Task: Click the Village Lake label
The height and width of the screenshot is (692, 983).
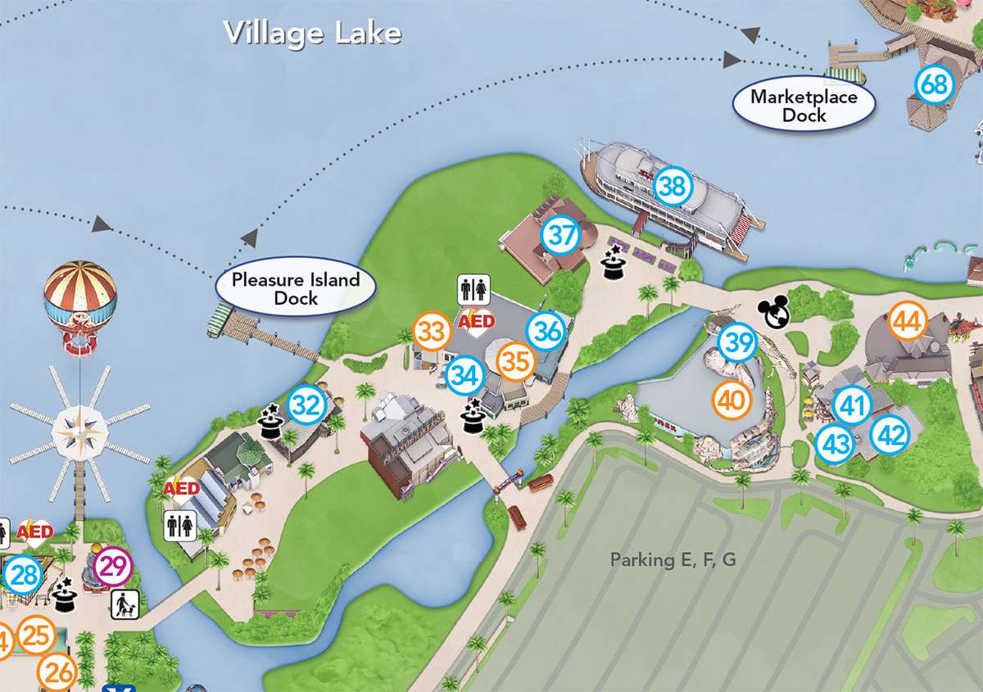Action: coord(313,33)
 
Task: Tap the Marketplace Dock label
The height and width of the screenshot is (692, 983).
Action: coord(804,106)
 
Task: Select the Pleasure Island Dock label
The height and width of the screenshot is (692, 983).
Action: coord(296,288)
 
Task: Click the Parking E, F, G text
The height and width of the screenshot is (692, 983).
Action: coord(673,559)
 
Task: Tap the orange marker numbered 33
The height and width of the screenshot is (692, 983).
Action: coord(433,332)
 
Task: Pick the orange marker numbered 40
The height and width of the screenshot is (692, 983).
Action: coord(732,400)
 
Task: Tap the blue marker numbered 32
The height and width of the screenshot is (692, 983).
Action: coord(306,405)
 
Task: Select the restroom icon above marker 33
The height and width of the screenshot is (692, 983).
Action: coord(474,289)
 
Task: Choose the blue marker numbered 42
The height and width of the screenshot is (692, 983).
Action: coord(889,435)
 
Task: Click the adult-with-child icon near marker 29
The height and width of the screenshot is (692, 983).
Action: coord(125,606)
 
